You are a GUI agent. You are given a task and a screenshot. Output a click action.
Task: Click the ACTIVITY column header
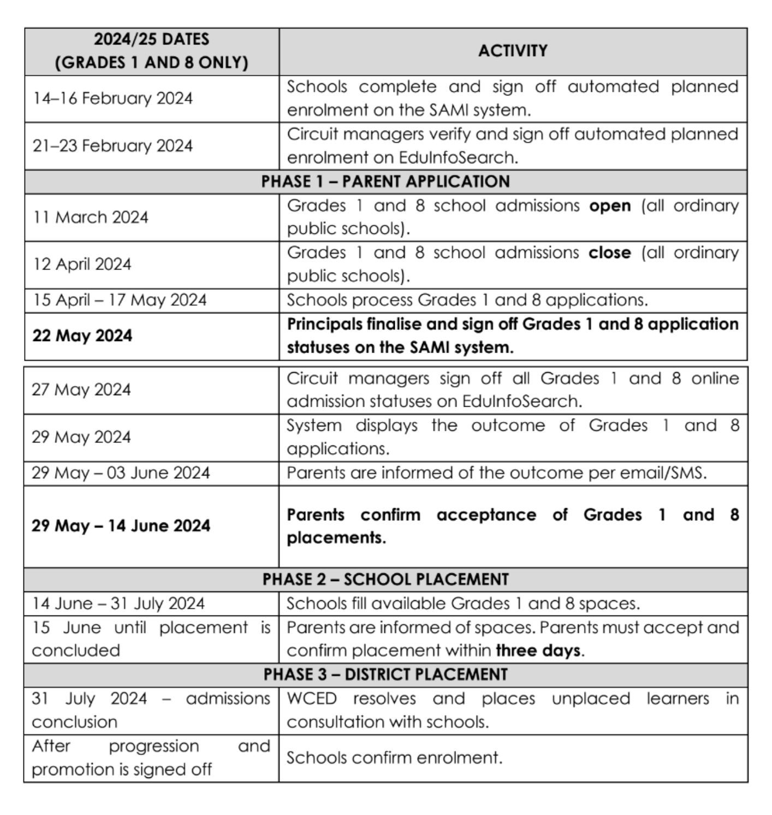[x=513, y=51]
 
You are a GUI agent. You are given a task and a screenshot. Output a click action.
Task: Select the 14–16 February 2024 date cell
[x=112, y=98]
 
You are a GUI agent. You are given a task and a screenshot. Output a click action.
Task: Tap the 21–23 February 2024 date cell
[x=112, y=146]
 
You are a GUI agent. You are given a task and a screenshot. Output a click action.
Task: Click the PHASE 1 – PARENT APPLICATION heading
[x=385, y=181]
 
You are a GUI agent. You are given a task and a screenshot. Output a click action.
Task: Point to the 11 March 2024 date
[x=91, y=218]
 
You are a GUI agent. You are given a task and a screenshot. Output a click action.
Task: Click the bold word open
[x=610, y=206]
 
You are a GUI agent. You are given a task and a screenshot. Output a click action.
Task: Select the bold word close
[x=609, y=253]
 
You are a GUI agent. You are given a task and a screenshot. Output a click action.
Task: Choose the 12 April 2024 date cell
[x=82, y=265]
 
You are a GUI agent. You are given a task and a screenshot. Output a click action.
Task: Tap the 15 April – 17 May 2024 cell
[x=120, y=300]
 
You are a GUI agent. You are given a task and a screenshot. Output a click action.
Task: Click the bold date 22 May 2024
[x=82, y=336]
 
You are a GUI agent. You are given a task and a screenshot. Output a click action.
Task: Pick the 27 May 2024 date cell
[x=81, y=390]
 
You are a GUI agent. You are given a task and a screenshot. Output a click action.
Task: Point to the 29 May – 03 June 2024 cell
[x=121, y=473]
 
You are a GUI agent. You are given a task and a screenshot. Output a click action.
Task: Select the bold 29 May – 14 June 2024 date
[x=121, y=526]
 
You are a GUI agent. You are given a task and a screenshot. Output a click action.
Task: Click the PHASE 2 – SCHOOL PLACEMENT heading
[x=385, y=579]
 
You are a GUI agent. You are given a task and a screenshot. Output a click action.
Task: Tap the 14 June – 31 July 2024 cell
[x=118, y=603]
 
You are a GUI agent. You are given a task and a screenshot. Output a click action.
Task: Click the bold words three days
[x=538, y=650]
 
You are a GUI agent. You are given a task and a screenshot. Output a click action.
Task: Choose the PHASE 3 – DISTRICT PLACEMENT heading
[x=385, y=675]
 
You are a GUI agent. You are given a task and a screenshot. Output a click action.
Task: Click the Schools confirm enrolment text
[x=394, y=758]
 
